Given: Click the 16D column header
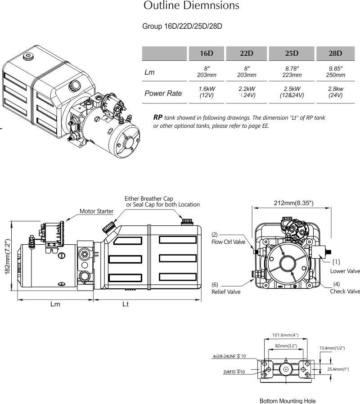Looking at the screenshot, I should pos(206,53).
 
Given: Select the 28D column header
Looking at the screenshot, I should pos(335,53).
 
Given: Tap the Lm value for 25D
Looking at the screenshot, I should pos(292,72).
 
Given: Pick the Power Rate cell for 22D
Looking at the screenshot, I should pos(247,92).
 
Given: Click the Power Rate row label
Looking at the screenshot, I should pos(163,94).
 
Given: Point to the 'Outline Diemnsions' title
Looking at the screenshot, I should pos(191,6).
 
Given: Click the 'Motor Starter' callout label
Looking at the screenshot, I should pos(96,211).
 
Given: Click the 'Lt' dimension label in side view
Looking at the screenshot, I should pos(126,305).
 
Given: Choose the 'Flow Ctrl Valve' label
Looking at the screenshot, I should pos(228,242).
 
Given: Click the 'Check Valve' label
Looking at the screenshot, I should pos(345,291).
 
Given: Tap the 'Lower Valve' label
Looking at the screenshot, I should pos(345,271).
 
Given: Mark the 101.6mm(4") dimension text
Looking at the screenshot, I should pos(285,335).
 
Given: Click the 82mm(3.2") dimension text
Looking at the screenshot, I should pos(285,346).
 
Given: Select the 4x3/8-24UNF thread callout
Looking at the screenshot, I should pos(229,356).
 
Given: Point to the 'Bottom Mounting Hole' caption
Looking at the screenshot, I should pos(288,400).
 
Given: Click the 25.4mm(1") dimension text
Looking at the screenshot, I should pos(338,369).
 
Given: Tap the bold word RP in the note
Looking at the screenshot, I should pos(157,117).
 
